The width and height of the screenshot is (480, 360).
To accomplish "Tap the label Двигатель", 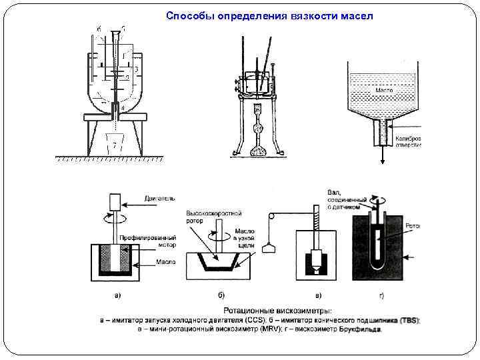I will (x=160, y=198).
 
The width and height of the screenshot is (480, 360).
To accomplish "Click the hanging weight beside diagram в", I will (x=269, y=249).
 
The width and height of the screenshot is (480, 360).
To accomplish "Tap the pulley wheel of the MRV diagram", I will (x=271, y=217).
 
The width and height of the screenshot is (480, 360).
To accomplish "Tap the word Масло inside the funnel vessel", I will (x=383, y=89).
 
